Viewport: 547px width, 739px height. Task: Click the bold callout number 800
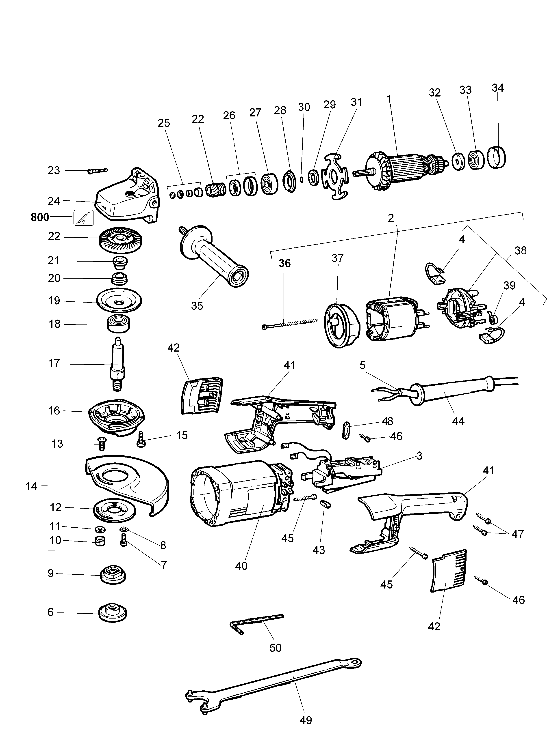(39, 217)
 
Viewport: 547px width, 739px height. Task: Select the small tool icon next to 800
(83, 218)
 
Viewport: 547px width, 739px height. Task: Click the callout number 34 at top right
(498, 88)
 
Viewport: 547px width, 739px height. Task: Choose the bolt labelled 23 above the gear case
(98, 171)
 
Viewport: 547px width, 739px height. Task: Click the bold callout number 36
(284, 263)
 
